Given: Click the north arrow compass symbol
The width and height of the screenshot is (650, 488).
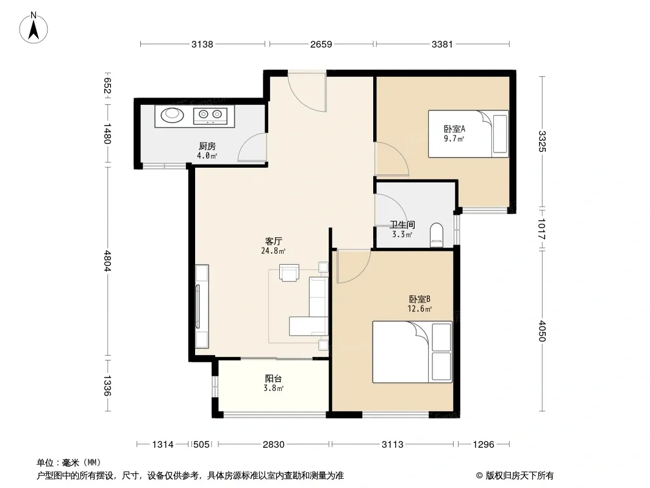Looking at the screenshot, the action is coord(34,28).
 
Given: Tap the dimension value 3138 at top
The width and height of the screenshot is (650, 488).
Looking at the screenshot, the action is coord(202,44).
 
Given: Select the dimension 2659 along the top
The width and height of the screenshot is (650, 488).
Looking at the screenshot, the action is coord(321,44).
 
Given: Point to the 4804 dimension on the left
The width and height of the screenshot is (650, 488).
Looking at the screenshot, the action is coord(107,261).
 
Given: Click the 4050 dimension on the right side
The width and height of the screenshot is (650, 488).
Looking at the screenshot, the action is coord(542,331).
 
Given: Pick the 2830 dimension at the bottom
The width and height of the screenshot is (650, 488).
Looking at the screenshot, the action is coord(274,445).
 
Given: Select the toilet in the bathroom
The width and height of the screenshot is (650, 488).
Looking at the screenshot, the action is coord(437,235).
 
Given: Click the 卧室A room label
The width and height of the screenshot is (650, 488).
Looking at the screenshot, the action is coord(454,129).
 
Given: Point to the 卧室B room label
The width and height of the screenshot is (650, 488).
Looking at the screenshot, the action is coord(420,299).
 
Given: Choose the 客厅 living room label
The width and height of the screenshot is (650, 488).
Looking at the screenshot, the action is coord(274,242).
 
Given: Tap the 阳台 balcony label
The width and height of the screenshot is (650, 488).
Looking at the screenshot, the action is coord(273,379).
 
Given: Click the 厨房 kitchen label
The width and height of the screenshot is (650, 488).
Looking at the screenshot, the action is coord(207,146).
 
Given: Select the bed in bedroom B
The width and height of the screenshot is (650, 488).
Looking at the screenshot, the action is coord(412,351).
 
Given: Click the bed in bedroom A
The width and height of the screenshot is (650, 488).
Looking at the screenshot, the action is coord(468,134).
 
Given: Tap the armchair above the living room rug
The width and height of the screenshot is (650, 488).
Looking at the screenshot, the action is coord(290,273).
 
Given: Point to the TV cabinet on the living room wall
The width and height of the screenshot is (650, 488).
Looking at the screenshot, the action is coord(202,306).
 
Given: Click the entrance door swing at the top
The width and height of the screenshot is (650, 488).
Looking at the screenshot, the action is coord(307,91).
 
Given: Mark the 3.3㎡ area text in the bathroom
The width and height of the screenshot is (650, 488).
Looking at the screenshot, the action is coord(402,235).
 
